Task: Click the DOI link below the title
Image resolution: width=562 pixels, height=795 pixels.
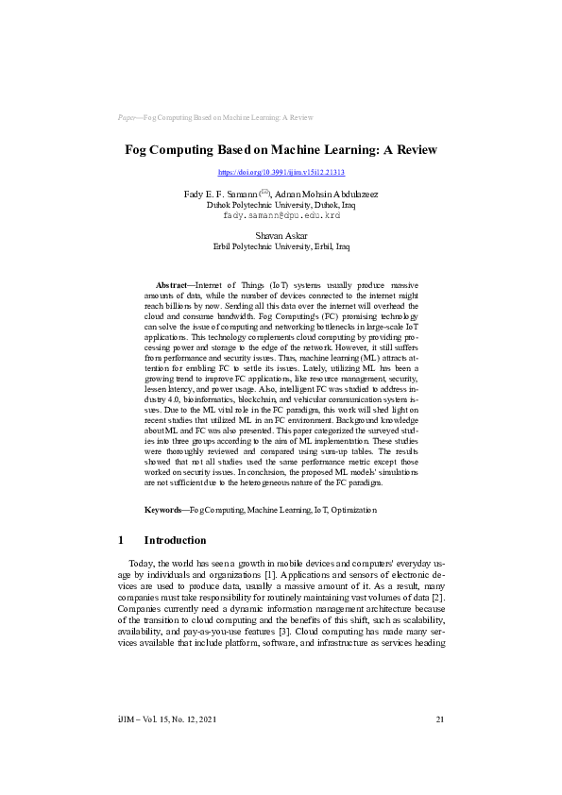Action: click(x=281, y=173)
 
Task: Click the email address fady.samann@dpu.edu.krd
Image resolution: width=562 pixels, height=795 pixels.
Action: click(x=281, y=214)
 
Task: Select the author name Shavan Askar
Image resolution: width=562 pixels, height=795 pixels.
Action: click(x=281, y=236)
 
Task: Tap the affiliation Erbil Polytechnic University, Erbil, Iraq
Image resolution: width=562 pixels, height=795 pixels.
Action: click(x=281, y=246)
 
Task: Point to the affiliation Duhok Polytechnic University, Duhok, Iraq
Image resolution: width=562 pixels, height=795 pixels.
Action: click(x=281, y=204)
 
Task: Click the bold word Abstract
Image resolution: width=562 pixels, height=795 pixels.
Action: click(x=171, y=284)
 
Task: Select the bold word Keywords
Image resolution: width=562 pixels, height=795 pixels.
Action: click(x=164, y=510)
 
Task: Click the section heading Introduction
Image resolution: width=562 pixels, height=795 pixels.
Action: click(x=174, y=540)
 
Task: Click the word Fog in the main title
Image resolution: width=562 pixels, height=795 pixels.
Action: click(x=140, y=150)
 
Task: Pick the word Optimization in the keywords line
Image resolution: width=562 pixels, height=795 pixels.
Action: click(x=353, y=510)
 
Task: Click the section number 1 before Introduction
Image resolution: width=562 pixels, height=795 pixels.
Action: click(x=121, y=540)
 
